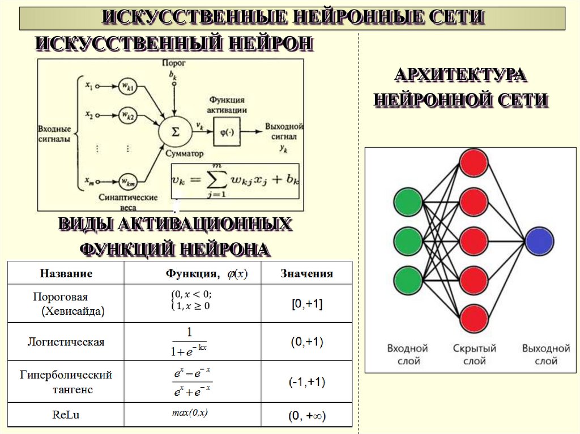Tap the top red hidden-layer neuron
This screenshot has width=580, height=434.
(x=474, y=162)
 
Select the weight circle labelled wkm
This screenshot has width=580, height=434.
(x=127, y=181)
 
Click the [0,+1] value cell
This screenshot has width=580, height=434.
(x=306, y=304)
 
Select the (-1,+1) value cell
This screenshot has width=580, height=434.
(x=306, y=382)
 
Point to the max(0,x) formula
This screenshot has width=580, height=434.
(x=190, y=413)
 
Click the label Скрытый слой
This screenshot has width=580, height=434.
(x=474, y=354)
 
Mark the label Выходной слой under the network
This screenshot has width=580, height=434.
(x=545, y=354)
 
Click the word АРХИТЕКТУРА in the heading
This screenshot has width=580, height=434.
(x=460, y=75)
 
